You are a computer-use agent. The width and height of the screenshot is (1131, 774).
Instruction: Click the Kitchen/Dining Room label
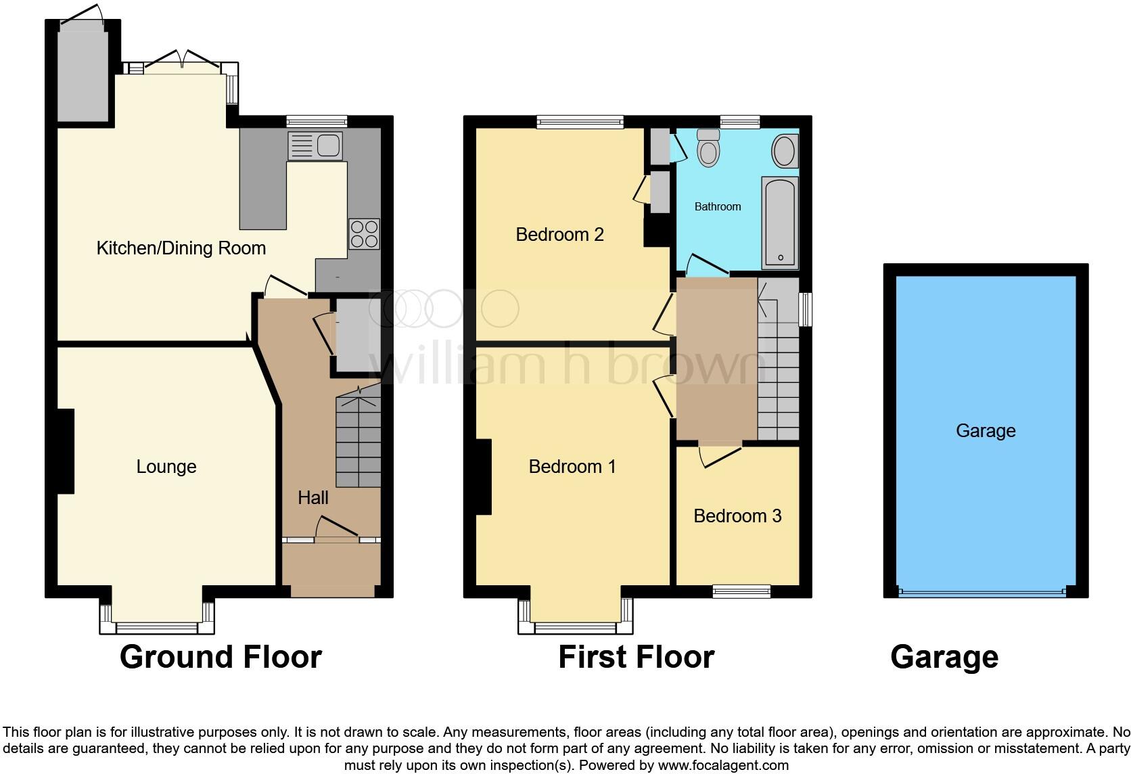pos(181,248)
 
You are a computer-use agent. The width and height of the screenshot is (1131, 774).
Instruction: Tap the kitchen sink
pos(315,145)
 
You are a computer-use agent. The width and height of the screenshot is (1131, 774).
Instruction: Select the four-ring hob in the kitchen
pos(364,234)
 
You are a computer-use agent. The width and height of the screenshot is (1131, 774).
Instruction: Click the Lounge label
pos(166,467)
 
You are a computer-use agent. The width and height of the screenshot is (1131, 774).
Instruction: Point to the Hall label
pos(313,498)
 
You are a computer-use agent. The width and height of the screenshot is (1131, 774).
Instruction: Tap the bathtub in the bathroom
pos(780,223)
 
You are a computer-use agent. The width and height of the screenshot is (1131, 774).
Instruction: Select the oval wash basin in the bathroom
pos(784,151)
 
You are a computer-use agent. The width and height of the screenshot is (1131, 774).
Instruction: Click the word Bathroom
pos(718,207)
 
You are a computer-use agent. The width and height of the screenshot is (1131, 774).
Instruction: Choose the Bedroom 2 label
pos(559,235)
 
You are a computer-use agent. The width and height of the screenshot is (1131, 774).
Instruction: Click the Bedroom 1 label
pos(572,467)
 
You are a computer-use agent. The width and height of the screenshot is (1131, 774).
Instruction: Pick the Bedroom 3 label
pos(737,516)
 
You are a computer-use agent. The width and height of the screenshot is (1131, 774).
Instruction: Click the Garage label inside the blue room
pos(986,431)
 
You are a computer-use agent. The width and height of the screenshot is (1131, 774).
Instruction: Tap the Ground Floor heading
pos(221,657)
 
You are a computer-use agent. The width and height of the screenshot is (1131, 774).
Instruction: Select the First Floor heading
pos(636,657)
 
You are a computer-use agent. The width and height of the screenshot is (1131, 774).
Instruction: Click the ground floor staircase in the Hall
pos(359,440)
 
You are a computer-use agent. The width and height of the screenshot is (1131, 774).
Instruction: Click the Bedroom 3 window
pos(741,591)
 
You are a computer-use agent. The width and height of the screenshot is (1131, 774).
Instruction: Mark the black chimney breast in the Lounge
pos(65,451)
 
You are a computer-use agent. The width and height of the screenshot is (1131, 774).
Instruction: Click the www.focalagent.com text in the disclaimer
pos(722,766)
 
